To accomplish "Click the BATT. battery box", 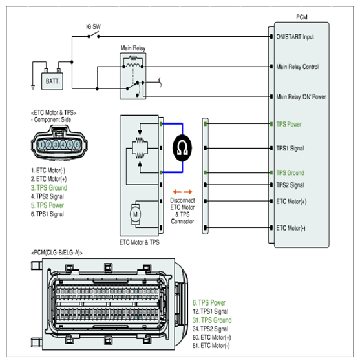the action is click(52, 81).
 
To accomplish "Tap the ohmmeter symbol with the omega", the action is click(182, 148).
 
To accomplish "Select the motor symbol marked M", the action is click(135, 214).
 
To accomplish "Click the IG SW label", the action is click(93, 26).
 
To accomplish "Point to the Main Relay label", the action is click(133, 48).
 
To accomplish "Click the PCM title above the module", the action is click(302, 17).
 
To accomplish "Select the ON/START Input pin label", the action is click(295, 37).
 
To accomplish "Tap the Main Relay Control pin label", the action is click(297, 67).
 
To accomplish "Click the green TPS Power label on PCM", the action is click(289, 124).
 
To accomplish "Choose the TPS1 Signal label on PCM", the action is click(290, 149).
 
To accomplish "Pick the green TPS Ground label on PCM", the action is click(290, 172).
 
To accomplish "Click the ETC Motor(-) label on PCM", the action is click(291, 228).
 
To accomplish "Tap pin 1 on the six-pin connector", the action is click(41, 145).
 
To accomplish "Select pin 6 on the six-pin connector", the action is click(78, 145).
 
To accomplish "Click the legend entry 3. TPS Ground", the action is click(49, 187).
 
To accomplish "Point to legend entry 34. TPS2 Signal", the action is click(210, 329).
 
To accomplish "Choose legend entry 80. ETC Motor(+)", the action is click(212, 337).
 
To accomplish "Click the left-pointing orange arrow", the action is click(177, 192).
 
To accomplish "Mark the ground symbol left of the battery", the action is click(33, 87).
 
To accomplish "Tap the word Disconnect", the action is click(182, 200).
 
